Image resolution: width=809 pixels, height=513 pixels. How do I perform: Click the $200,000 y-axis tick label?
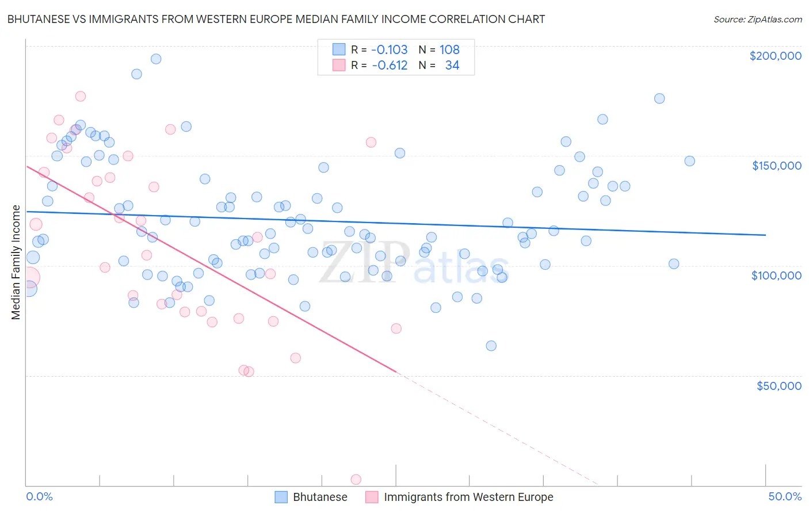pos(775,56)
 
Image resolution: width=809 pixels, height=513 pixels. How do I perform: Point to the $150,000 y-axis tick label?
pos(776,166)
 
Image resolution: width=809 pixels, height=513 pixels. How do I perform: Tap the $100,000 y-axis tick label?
pos(776,275)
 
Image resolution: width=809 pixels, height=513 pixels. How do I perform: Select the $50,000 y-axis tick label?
pos(779,385)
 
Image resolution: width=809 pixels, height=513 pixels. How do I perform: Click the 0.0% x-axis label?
pos(39,496)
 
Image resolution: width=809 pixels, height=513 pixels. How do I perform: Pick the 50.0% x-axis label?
pos(785,496)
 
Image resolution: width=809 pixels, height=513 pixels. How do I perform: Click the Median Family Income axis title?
pos(16,262)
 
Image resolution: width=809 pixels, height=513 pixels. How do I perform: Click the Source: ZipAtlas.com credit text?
pos(757,19)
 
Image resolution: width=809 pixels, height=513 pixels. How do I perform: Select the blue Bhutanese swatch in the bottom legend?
pos(281,497)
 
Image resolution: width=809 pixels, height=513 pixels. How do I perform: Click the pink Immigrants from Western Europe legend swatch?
pos(372,497)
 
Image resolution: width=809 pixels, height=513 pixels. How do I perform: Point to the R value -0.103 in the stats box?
pos(389,49)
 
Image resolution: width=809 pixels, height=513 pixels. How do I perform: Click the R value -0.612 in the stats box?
pos(390,65)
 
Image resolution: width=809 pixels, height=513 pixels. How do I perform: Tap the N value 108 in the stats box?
pos(449,49)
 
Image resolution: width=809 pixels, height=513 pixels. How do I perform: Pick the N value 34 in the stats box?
pos(452,65)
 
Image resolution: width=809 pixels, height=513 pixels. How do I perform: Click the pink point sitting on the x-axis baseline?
pos(356,480)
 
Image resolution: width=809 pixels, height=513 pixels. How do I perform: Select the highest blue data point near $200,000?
pos(155,59)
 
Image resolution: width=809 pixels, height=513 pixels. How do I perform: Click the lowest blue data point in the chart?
pos(491,346)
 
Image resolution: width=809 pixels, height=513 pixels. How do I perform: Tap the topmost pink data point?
pos(81,96)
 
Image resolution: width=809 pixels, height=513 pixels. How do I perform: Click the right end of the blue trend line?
pos(765,235)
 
